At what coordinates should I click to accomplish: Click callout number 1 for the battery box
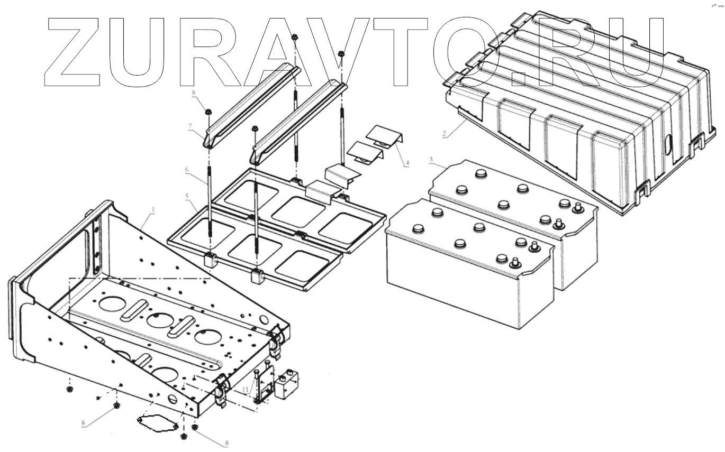click(153, 210)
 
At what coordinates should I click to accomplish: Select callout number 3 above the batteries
click(431, 159)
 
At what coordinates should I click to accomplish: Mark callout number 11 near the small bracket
click(245, 390)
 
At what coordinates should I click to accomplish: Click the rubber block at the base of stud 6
click(211, 260)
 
